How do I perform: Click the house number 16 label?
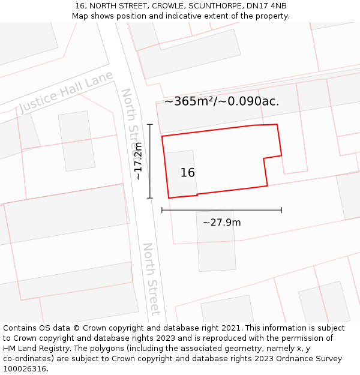(188, 173)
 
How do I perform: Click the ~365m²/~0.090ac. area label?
(222, 101)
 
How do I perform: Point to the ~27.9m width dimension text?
(221, 223)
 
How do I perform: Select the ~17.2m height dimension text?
(138, 161)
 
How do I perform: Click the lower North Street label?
(151, 278)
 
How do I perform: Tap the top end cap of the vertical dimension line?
(150, 125)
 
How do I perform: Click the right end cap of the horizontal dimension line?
(281, 210)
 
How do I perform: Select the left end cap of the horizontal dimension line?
(162, 210)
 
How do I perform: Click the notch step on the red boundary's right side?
(265, 159)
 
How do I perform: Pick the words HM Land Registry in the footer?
(34, 349)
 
